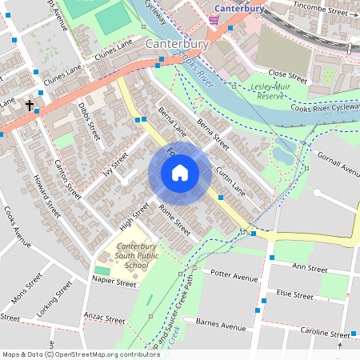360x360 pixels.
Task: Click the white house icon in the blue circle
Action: point(180,173)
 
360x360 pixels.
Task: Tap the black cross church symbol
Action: point(30,105)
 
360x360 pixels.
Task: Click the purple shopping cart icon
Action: point(214,18)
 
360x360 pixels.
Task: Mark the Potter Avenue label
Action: point(234,276)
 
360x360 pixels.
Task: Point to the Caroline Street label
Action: point(324,332)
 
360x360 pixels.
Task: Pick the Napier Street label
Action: point(115,282)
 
